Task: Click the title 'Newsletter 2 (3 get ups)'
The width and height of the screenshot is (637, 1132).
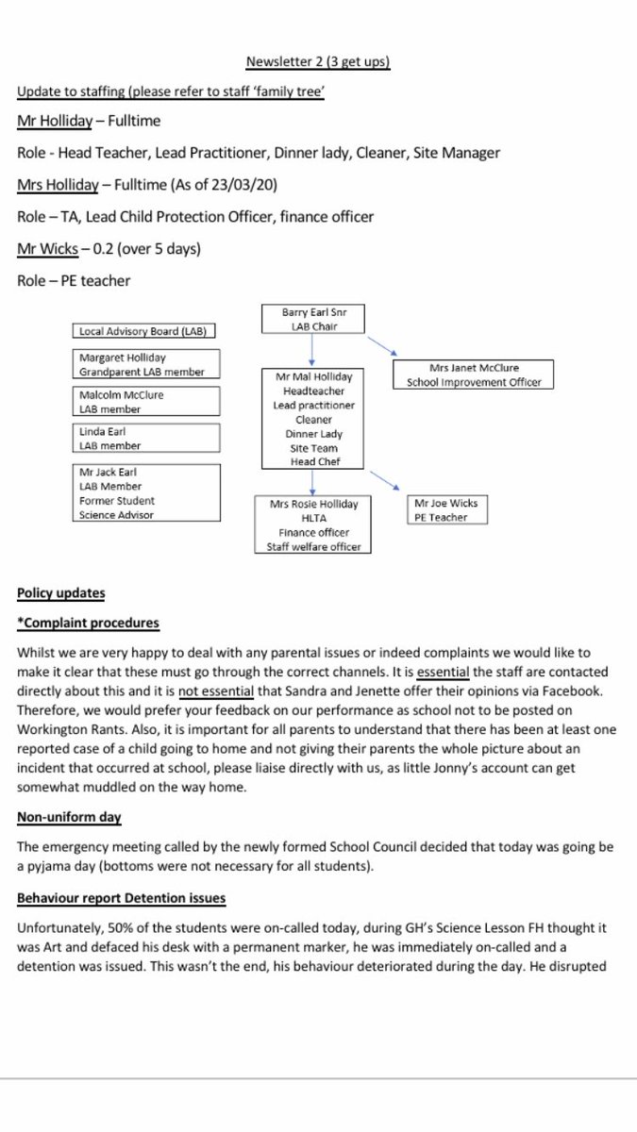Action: (318, 62)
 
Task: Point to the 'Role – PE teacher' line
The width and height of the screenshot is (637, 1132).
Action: (74, 280)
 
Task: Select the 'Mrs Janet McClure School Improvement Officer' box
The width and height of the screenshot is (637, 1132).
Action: (473, 375)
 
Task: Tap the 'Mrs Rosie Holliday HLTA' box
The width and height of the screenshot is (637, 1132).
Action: (313, 524)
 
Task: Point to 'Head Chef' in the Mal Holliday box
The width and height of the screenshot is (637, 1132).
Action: (313, 461)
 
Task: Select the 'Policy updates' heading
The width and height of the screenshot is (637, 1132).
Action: (61, 593)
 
